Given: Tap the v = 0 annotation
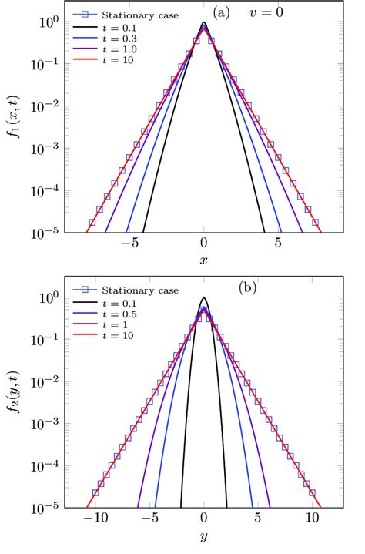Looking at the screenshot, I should tap(287, 13).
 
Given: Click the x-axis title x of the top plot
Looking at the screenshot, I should tap(204, 260).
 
